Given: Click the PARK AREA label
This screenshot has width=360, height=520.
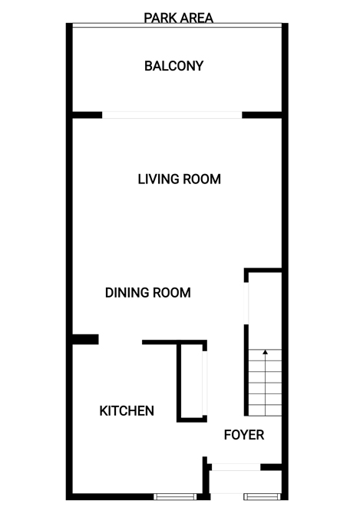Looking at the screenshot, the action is pyautogui.click(x=179, y=18).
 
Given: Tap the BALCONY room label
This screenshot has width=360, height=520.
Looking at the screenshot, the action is pyautogui.click(x=174, y=66).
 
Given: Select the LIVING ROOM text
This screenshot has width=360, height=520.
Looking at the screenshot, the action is pyautogui.click(x=179, y=179).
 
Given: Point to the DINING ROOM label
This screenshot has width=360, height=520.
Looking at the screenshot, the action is pyautogui.click(x=147, y=292).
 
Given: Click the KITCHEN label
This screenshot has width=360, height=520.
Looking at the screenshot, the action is pyautogui.click(x=127, y=411).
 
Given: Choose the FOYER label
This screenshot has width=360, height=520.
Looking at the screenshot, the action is pyautogui.click(x=244, y=435).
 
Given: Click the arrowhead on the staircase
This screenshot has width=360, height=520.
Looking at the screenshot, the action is pyautogui.click(x=265, y=352).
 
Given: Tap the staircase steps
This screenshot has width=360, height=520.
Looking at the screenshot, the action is pyautogui.click(x=265, y=383).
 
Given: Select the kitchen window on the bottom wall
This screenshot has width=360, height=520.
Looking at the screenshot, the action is pyautogui.click(x=175, y=496).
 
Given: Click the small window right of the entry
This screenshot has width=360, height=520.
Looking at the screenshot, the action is pyautogui.click(x=262, y=496).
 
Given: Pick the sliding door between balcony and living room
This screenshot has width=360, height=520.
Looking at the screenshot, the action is pyautogui.click(x=172, y=115).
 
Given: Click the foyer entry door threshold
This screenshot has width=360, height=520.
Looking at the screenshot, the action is pyautogui.click(x=236, y=467).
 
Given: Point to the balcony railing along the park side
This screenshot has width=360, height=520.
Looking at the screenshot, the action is pyautogui.click(x=177, y=25).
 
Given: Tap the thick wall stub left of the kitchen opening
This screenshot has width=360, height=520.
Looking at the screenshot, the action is pyautogui.click(x=85, y=339).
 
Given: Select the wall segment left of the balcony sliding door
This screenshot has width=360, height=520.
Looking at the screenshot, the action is pyautogui.click(x=88, y=115).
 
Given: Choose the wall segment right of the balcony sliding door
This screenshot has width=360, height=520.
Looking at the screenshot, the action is pyautogui.click(x=262, y=115).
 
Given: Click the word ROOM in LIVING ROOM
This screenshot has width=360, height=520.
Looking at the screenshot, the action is pyautogui.click(x=202, y=179).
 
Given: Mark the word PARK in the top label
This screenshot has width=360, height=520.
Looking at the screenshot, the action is pyautogui.click(x=158, y=18).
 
